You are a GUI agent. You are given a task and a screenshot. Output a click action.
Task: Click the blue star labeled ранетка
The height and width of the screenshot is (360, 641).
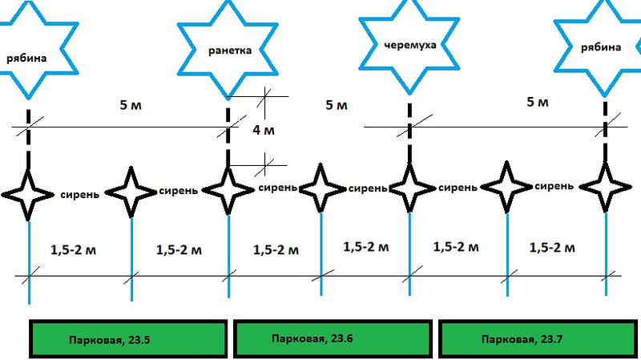coord(229,50)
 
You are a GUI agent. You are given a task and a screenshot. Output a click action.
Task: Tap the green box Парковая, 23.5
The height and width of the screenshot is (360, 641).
coord(128,339)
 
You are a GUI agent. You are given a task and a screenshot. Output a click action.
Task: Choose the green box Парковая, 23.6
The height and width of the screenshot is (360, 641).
coord(332,339)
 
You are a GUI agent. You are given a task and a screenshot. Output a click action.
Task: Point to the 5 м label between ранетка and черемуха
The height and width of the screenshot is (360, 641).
coord(337,105)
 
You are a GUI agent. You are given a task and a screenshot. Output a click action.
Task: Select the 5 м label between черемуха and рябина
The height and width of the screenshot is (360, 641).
coord(538,103)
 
